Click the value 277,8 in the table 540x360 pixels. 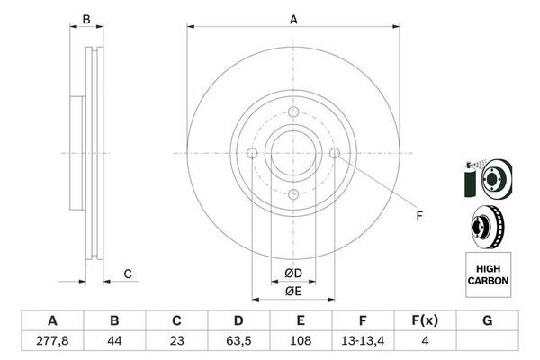[x=52, y=341]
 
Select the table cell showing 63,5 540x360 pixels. [x=238, y=341]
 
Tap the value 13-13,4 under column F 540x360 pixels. [x=363, y=341]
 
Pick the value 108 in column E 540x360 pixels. [x=301, y=341]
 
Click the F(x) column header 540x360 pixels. [x=425, y=320]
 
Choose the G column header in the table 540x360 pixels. [x=487, y=320]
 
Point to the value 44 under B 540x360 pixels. [x=114, y=341]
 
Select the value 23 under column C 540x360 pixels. [x=176, y=341]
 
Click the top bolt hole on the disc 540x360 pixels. [x=293, y=112]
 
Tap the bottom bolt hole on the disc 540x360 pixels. [x=293, y=194]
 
